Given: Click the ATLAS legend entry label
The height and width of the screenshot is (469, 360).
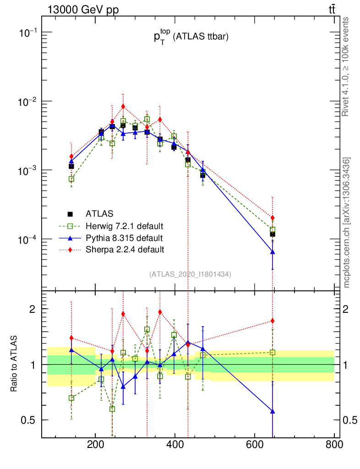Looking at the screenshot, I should click(x=100, y=213).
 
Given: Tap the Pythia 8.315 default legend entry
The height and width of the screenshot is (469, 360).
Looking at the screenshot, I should click(x=124, y=238).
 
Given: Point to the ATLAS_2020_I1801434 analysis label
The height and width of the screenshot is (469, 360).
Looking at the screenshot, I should click(x=190, y=274).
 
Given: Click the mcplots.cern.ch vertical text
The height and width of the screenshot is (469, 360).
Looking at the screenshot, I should click(x=347, y=222).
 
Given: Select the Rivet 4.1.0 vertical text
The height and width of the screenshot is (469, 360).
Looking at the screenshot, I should click(x=347, y=66).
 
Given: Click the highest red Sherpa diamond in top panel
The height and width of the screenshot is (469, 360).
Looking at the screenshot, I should click(x=123, y=106).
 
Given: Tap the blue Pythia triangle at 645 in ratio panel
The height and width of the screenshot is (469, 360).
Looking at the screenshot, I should click(x=273, y=411).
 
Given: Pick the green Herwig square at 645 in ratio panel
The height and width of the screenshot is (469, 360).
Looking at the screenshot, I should click(x=273, y=352).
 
